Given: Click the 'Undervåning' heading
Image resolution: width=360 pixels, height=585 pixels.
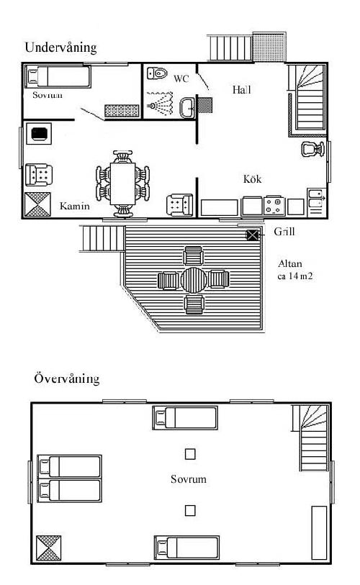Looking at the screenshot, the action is click(61, 47).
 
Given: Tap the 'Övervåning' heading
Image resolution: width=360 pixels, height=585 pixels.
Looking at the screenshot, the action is click(67, 378).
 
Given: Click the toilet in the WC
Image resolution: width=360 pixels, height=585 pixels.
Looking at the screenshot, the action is click(157, 73).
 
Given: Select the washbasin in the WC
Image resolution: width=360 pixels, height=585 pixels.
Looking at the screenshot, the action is click(187, 107).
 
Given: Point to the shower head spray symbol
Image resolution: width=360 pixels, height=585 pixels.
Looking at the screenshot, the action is click(161, 104).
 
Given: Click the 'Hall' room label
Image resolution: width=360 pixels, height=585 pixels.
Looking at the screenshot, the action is click(242, 89).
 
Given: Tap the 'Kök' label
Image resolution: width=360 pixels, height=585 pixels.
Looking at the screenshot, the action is click(253, 179).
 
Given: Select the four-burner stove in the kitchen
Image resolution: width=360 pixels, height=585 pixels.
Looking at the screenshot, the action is click(274, 206).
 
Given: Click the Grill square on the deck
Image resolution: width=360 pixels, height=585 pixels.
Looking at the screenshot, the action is click(253, 235).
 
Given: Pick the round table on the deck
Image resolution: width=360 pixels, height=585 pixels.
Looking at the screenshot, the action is click(194, 280).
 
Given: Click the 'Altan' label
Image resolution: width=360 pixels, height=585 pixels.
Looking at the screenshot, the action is click(290, 264).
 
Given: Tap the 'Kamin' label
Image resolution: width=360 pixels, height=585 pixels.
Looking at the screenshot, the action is click(75, 206).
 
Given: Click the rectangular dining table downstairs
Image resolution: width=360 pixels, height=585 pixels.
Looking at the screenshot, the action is click(123, 183).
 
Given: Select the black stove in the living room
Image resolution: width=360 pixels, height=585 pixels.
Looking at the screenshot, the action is click(39, 134).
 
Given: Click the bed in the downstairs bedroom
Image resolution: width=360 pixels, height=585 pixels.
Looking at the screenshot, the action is click(58, 77).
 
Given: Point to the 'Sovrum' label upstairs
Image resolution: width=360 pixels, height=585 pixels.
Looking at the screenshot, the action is click(189, 479).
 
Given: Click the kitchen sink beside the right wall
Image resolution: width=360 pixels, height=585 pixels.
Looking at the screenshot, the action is click(316, 199).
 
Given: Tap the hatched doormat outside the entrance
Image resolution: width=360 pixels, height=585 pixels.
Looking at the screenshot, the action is click(269, 47).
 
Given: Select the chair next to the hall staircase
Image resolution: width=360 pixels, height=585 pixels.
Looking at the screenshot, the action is click(313, 149).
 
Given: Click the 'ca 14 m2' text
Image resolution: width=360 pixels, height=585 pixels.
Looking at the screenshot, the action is click(295, 276).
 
